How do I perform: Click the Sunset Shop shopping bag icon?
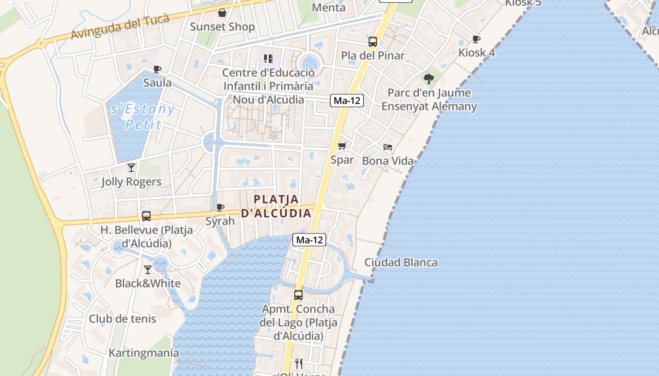pyautogui.click(x=222, y=13)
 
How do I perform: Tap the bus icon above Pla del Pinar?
pyautogui.click(x=373, y=42)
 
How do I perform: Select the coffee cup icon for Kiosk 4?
pyautogui.click(x=476, y=39)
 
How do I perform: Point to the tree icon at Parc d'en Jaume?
pyautogui.click(x=428, y=78)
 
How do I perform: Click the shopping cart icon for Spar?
pyautogui.click(x=342, y=146)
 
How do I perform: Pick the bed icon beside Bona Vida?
pyautogui.click(x=388, y=147)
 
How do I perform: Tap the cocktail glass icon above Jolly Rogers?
pyautogui.click(x=131, y=167)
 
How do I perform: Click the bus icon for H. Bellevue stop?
pyautogui.click(x=146, y=216)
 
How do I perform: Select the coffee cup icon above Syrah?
pyautogui.click(x=220, y=207)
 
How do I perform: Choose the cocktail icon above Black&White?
pyautogui.click(x=148, y=269)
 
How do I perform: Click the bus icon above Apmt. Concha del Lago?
pyautogui.click(x=298, y=295)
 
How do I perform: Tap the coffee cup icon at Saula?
pyautogui.click(x=157, y=70)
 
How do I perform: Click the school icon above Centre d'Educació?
pyautogui.click(x=268, y=59)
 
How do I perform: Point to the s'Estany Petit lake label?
pyautogui.click(x=143, y=117)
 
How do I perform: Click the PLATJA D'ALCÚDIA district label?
pyautogui.click(x=276, y=206)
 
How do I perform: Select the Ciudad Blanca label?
pyautogui.click(x=401, y=262)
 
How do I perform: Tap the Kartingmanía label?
pyautogui.click(x=144, y=352)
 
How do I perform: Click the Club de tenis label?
pyautogui.click(x=122, y=319)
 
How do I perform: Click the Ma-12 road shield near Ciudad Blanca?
pyautogui.click(x=309, y=240)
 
